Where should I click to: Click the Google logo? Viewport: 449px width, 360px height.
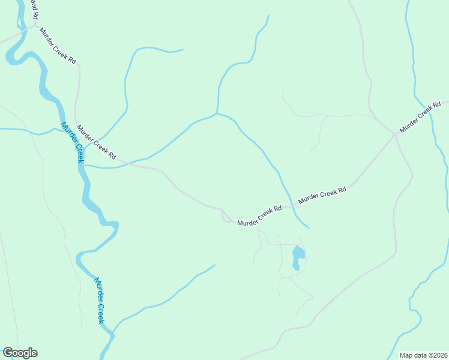pyautogui.click(x=20, y=353)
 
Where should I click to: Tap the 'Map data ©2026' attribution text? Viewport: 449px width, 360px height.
pyautogui.click(x=423, y=355)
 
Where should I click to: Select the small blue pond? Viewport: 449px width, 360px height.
pyautogui.click(x=298, y=258)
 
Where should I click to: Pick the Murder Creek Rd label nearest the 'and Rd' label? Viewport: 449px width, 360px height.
pyautogui.click(x=58, y=46)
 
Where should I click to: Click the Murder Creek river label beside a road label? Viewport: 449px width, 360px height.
pyautogui.click(x=73, y=143)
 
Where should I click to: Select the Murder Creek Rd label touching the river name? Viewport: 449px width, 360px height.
pyautogui.click(x=96, y=142)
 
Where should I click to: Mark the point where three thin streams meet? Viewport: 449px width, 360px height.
pyautogui.click(x=217, y=113)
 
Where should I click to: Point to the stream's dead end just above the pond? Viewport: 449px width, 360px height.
pyautogui.click(x=309, y=228)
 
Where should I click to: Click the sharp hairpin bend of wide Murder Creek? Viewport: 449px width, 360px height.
pyautogui.click(x=115, y=226)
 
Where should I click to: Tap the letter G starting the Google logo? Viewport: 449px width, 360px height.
pyautogui.click(x=8, y=353)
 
